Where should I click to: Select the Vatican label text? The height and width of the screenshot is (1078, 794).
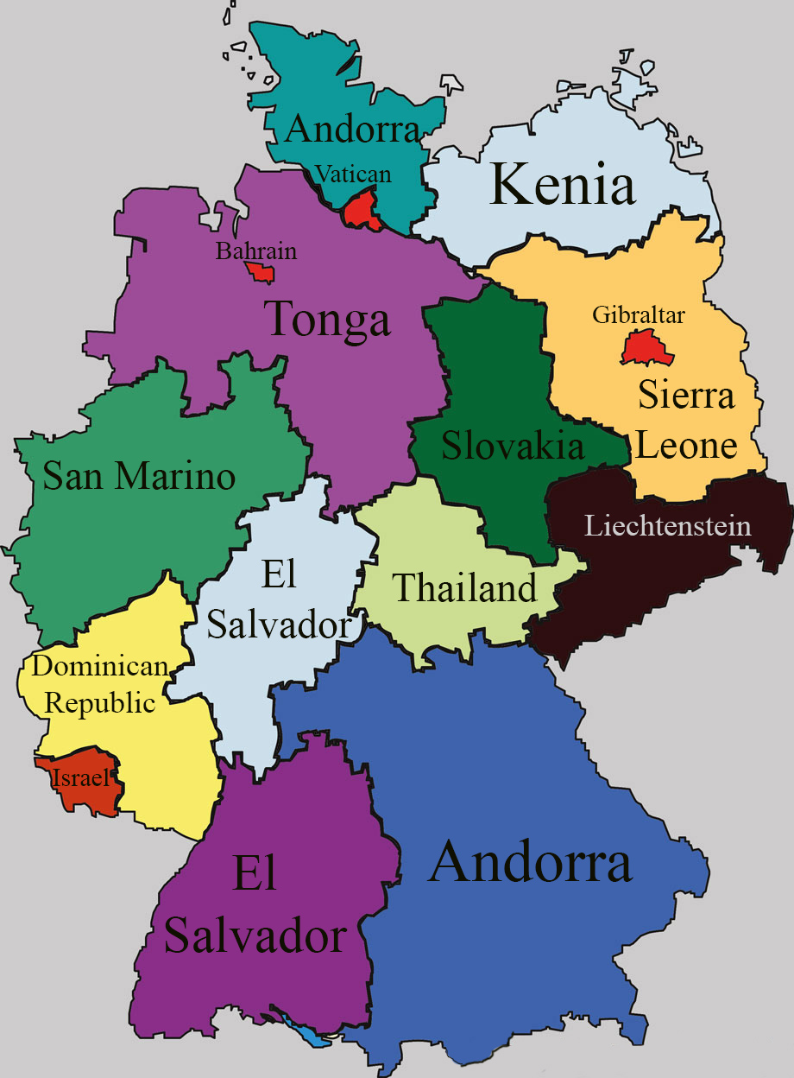[x=353, y=174]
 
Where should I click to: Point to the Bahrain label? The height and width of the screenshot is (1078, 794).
[x=255, y=251]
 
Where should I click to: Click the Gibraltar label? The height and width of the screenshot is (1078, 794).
[x=639, y=315]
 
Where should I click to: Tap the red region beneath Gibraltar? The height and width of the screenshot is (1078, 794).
[x=640, y=349]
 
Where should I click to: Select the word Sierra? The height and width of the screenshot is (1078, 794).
[x=686, y=396]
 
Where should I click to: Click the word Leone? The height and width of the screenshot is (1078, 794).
[x=686, y=446]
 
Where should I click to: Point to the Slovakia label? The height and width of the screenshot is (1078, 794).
[x=513, y=447]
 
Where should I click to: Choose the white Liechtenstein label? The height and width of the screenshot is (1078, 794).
[x=667, y=525]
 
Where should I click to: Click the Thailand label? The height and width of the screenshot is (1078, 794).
[x=465, y=589]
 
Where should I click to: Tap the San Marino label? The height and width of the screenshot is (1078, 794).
[x=139, y=476]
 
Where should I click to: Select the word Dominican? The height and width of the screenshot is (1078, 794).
[x=100, y=666]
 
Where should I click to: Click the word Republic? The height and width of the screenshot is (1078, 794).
[x=100, y=702]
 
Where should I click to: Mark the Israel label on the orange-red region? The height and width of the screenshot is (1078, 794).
[x=80, y=777]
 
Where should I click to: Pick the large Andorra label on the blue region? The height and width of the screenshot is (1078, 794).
[x=530, y=863]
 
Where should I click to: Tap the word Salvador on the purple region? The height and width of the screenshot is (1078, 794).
[x=255, y=935]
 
